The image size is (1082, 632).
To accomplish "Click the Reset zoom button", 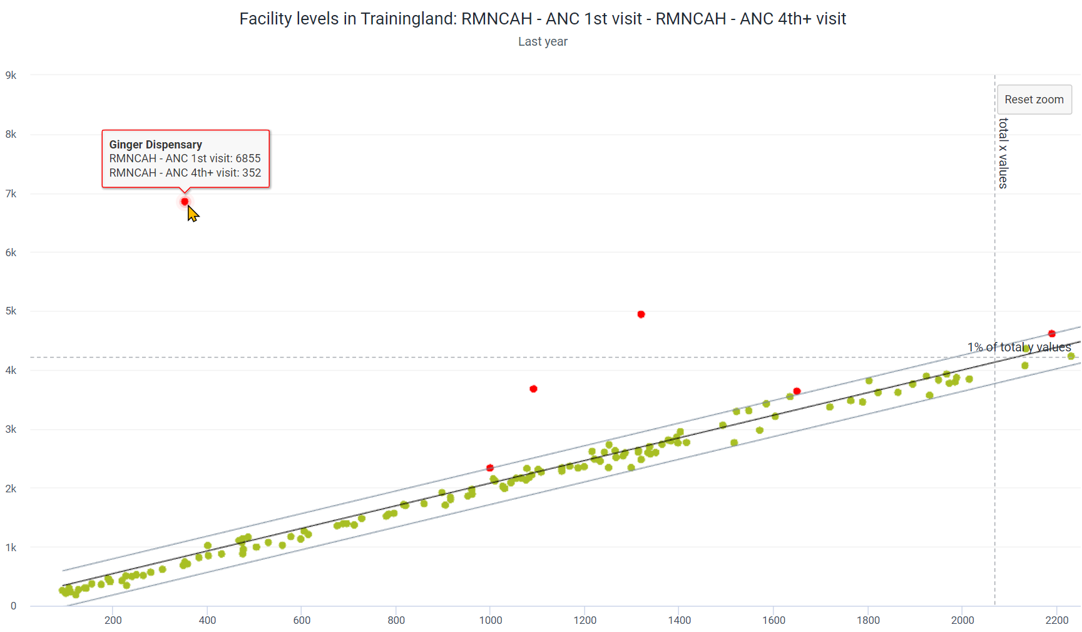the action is tap(1034, 100).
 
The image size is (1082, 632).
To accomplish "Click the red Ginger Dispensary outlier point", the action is tap(185, 202).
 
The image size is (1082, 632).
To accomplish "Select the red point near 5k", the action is tap(641, 314).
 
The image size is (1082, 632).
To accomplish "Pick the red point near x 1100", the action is tap(533, 389).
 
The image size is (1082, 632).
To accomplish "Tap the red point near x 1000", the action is tap(490, 468).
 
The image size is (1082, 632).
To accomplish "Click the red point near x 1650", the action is tap(797, 391).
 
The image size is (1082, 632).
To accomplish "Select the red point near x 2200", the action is tap(1052, 334).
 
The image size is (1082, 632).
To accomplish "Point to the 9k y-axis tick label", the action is tap(11, 75).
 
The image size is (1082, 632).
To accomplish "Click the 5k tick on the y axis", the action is tap(11, 311).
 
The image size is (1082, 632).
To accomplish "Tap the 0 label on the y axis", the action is tap(13, 606).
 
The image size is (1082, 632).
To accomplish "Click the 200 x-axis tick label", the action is tap(113, 620).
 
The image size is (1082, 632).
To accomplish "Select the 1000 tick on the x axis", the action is tap(491, 620).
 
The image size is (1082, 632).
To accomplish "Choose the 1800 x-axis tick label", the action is tap(868, 620).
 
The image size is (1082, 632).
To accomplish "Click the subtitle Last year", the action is tap(543, 41).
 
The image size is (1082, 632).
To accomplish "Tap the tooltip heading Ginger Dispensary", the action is tap(156, 145).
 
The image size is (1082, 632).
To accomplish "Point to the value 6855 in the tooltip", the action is tap(248, 158).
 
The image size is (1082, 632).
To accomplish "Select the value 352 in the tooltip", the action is tap(252, 173).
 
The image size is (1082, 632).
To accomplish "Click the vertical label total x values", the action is tap(1003, 153).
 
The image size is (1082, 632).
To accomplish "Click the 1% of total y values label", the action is tap(1019, 347).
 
